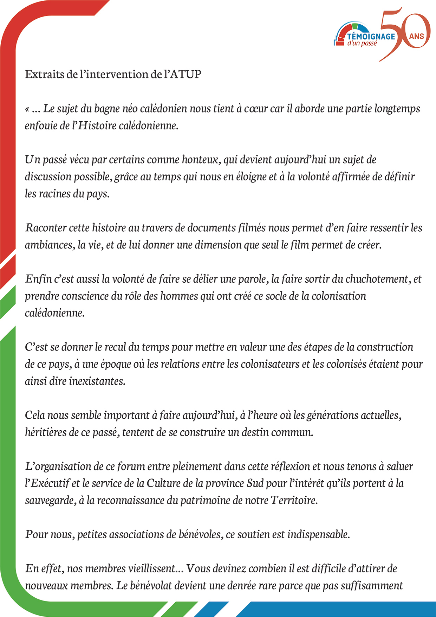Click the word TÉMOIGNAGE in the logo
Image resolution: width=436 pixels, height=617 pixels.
(x=371, y=36)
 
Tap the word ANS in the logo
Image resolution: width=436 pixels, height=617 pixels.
(x=416, y=36)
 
